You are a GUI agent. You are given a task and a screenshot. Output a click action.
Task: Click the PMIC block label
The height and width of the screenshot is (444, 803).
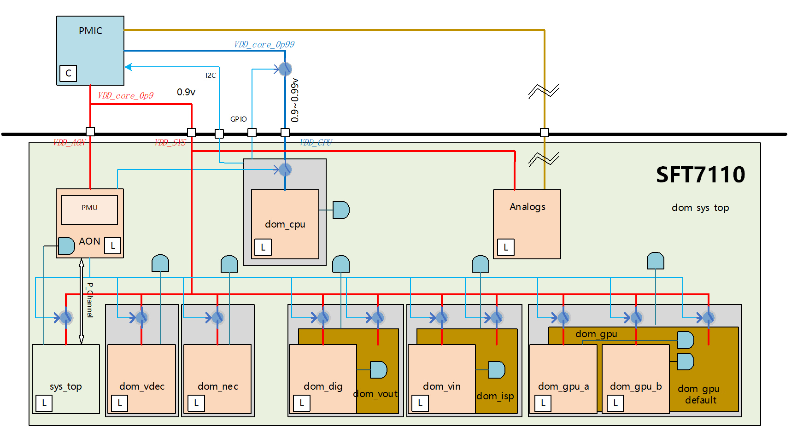[90, 31]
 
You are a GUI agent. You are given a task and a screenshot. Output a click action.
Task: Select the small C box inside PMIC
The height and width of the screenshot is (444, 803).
[68, 73]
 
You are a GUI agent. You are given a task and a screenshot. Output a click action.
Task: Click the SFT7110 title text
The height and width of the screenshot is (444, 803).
[700, 175]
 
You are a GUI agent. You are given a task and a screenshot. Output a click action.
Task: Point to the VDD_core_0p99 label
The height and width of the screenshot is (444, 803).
[264, 44]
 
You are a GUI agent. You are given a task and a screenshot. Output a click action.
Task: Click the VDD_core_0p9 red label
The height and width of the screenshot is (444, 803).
[125, 95]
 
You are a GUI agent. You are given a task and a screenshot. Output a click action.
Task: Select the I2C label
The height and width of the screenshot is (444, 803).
[211, 75]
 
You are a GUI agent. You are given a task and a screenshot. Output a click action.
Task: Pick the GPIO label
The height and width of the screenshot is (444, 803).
[239, 119]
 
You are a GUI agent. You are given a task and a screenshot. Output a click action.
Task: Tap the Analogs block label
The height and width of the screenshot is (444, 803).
[528, 207]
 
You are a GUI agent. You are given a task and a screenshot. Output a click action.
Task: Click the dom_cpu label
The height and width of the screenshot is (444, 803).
[285, 224]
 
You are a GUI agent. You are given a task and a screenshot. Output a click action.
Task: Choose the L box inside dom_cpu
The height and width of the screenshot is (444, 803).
[263, 247]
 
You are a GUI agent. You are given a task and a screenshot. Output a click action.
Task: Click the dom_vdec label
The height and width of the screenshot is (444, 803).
[142, 386]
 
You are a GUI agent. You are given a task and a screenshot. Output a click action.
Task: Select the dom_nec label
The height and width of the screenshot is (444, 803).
[218, 386]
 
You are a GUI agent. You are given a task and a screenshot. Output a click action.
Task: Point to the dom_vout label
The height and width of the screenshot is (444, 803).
[375, 394]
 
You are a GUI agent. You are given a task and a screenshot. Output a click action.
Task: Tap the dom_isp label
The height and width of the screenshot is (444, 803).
[495, 396]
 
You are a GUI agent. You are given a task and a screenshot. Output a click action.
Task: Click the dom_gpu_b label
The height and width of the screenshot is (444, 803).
[636, 386]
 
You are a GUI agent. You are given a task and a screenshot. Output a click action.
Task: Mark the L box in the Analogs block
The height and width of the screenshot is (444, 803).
[506, 247]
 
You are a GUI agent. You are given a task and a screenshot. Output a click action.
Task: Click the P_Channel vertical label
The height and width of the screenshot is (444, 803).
[90, 300]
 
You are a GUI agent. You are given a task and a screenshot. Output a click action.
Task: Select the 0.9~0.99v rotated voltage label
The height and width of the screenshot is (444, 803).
[295, 100]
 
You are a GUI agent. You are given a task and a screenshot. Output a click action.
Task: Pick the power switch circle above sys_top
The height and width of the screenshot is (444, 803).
[66, 317]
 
